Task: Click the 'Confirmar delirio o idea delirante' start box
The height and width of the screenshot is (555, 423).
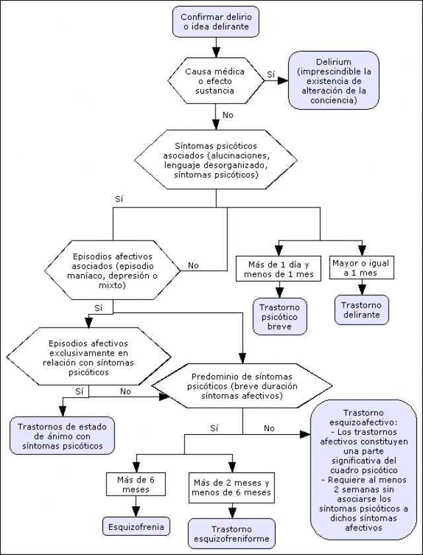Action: tap(216, 22)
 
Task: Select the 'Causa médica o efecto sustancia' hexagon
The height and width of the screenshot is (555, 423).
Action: tap(216, 81)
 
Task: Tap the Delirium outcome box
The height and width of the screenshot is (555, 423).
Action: tap(334, 81)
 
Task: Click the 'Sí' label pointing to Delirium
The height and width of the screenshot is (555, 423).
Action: tap(271, 74)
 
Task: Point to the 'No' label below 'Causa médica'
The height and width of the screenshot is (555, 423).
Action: tap(228, 115)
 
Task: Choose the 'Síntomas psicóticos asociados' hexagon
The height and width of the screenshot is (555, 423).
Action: tap(216, 160)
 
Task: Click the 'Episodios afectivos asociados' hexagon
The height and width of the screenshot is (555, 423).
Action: tap(112, 270)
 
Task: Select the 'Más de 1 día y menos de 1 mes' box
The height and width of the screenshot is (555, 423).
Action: tap(278, 269)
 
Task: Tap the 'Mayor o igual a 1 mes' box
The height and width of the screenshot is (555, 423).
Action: tap(362, 268)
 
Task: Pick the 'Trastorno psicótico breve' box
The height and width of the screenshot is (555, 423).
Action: tap(280, 316)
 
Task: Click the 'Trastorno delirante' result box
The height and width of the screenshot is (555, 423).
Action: tap(362, 310)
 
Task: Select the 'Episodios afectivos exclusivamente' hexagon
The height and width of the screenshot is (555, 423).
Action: tap(89, 356)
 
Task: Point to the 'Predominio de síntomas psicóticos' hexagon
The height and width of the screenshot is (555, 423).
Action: tap(242, 386)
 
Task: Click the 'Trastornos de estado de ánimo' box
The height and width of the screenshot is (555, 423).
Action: tap(62, 435)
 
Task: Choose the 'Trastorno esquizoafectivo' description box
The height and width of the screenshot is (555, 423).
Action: tap(364, 470)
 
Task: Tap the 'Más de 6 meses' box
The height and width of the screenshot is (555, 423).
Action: tap(135, 484)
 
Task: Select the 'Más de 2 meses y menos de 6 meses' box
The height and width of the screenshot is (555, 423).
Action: tap(232, 487)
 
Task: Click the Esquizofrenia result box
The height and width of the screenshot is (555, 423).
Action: tap(136, 527)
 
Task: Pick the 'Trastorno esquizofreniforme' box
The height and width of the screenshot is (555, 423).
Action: tap(231, 534)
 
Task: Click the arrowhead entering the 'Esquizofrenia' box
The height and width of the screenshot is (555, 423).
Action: tap(135, 511)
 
